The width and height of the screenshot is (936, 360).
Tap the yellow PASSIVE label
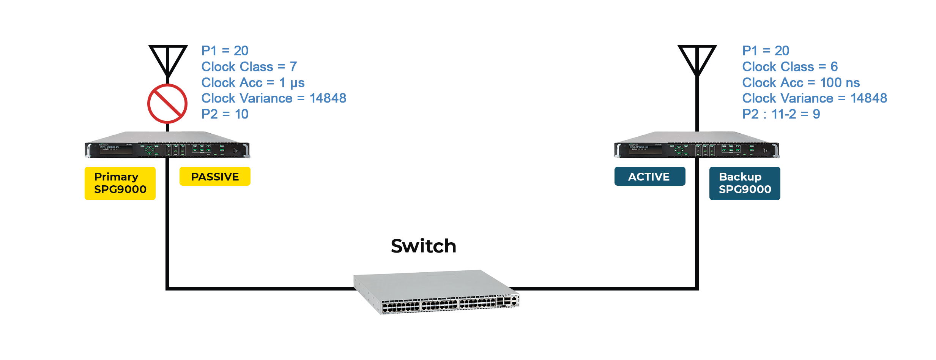pyautogui.click(x=215, y=176)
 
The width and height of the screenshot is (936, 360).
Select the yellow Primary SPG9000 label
pyautogui.click(x=120, y=183)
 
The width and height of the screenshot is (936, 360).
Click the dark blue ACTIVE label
pyautogui.click(x=650, y=176)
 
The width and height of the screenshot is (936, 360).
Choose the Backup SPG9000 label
pyautogui.click(x=745, y=183)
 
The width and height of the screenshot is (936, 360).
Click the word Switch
pyautogui.click(x=424, y=246)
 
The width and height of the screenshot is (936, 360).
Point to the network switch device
pyautogui.click(x=436, y=292)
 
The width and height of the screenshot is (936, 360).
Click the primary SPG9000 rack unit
pyautogui.click(x=167, y=145)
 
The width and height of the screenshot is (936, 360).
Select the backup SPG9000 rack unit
pyautogui.click(x=697, y=145)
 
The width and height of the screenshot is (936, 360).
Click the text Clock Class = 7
pyautogui.click(x=249, y=66)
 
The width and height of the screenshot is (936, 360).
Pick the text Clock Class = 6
pyautogui.click(x=790, y=66)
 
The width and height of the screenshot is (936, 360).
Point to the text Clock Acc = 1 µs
pyautogui.click(x=253, y=83)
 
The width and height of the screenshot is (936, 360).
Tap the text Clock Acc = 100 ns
pyautogui.click(x=801, y=82)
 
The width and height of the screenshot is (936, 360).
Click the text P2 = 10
pyautogui.click(x=225, y=114)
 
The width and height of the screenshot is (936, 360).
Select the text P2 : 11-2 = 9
pyautogui.click(x=781, y=114)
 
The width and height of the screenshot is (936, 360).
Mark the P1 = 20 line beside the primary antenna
pyautogui.click(x=225, y=51)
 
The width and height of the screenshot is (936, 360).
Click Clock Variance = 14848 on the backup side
pyautogui.click(x=815, y=98)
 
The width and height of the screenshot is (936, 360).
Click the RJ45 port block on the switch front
pyautogui.click(x=439, y=305)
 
